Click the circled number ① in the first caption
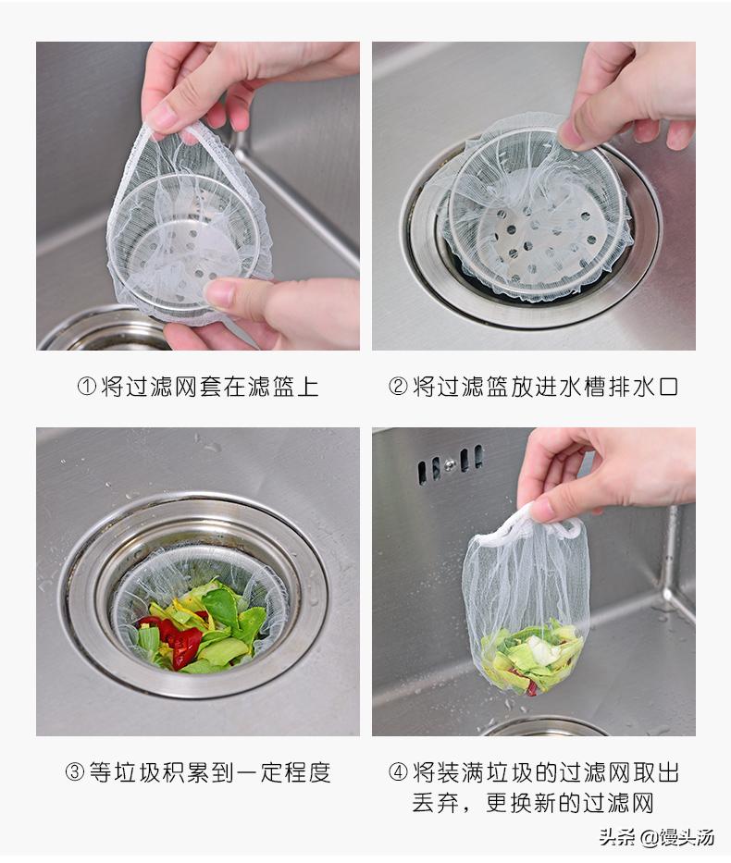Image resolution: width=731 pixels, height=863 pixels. [x=86, y=387]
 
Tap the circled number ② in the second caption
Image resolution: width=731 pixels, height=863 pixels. [x=398, y=387]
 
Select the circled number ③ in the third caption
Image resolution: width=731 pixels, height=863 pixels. [x=75, y=771]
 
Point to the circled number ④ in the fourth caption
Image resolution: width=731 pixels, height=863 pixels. [x=398, y=771]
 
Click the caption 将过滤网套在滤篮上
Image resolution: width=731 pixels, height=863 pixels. [x=209, y=387]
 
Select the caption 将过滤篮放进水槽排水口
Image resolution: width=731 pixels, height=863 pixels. [x=545, y=387]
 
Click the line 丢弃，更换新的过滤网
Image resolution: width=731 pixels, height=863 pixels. [x=533, y=802]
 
